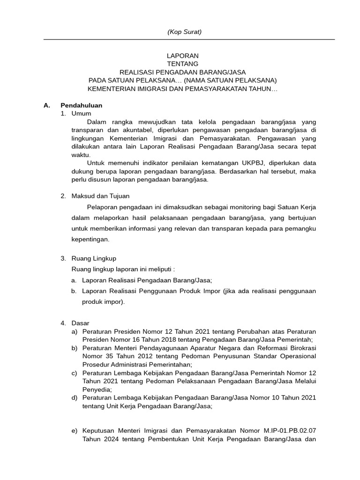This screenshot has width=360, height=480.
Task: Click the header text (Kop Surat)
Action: tap(184, 32)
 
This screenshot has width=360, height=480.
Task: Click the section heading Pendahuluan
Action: tap(81, 105)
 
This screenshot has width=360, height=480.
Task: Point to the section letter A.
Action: tap(46, 105)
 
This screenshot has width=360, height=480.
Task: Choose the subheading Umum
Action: tap(81, 113)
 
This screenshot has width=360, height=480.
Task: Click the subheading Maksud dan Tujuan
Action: tap(100, 196)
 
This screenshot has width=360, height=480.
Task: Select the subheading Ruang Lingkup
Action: tap(94, 258)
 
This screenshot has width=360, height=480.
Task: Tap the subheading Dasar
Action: tap(80, 323)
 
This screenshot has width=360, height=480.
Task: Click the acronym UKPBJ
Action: tap(254, 164)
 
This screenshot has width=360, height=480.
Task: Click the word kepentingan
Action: tap(90, 239)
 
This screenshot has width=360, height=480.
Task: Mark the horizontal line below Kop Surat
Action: tap(189, 39)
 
